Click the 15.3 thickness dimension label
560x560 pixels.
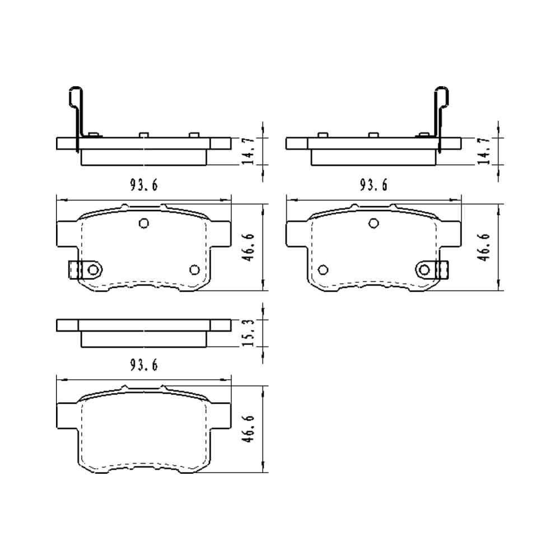tap(248, 333)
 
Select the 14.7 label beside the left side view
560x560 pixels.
tap(248, 151)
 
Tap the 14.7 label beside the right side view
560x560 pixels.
tap(484, 151)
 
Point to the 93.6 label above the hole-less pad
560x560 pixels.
tap(143, 365)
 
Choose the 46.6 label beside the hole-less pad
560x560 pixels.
tap(248, 428)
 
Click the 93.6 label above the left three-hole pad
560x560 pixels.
tap(143, 185)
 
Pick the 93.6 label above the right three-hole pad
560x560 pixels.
tap(374, 185)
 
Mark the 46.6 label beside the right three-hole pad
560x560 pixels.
tap(484, 247)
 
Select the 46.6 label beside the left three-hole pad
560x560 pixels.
tap(248, 247)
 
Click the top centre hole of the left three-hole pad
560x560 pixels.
tap(143, 223)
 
